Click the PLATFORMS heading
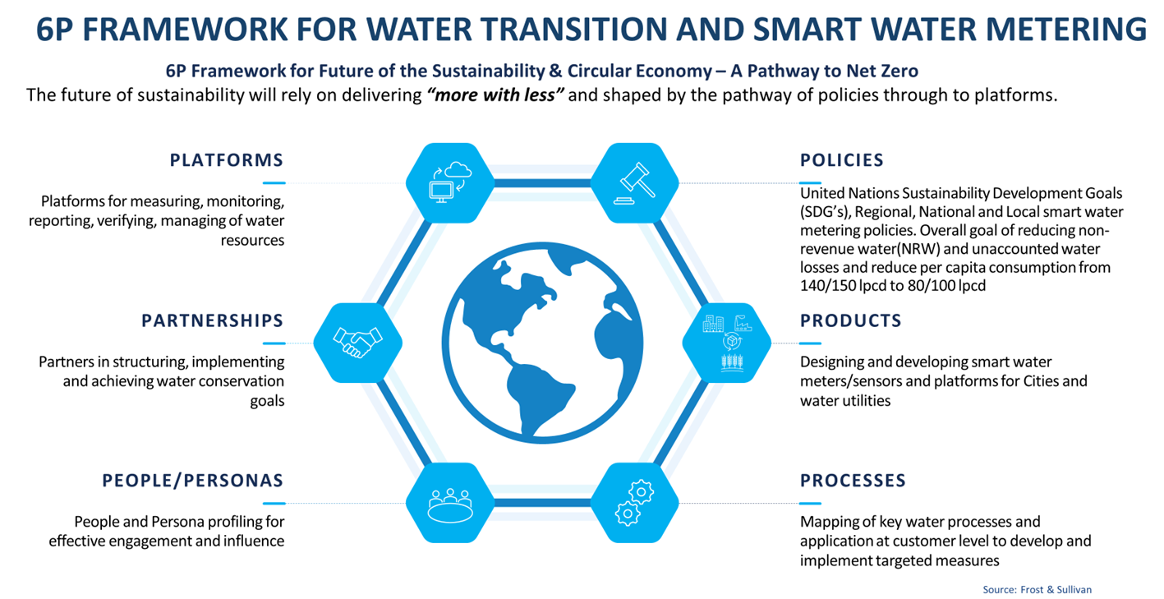click(x=227, y=160)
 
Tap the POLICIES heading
click(x=842, y=160)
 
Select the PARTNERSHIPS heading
click(x=213, y=320)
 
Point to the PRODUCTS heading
click(x=851, y=320)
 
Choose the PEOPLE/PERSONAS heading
click(x=193, y=481)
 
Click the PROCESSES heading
click(x=853, y=481)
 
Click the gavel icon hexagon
click(x=634, y=183)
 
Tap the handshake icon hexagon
click(x=357, y=343)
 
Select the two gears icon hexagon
click(x=634, y=503)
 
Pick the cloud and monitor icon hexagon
click(x=450, y=183)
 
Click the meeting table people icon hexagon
click(x=450, y=503)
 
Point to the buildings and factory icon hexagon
click(x=726, y=343)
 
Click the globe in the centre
click(x=542, y=343)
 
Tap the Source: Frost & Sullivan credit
click(x=1037, y=590)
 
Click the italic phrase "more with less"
click(x=495, y=95)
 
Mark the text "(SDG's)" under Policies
click(x=826, y=212)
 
